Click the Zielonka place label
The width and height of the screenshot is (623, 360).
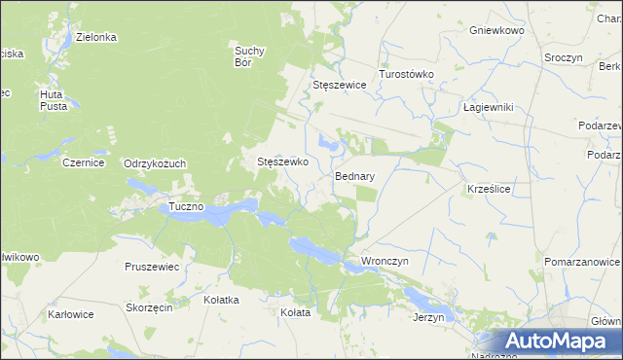pyautogui.click(x=96, y=37)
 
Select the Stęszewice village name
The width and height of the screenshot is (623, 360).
pyautogui.click(x=339, y=85)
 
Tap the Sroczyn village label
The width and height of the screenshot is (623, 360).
pyautogui.click(x=563, y=58)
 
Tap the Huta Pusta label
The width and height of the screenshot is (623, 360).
pyautogui.click(x=53, y=100)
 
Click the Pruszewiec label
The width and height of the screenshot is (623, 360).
pyautogui.click(x=152, y=266)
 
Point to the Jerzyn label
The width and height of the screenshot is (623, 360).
pyautogui.click(x=428, y=317)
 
